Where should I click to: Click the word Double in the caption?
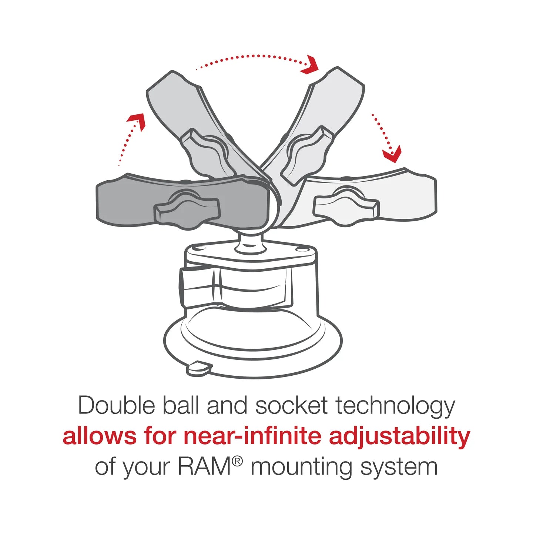(x=116, y=406)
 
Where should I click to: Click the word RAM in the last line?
(x=204, y=467)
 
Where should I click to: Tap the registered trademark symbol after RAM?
(x=238, y=461)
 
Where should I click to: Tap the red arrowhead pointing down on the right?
(x=393, y=154)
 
